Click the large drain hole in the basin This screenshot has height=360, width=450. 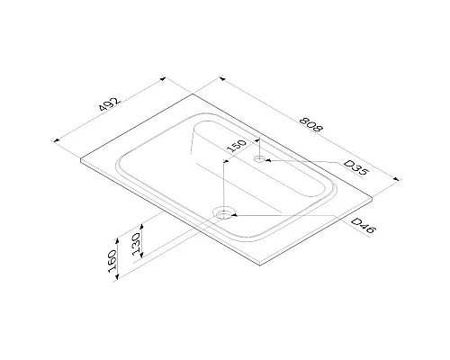tap(223, 214)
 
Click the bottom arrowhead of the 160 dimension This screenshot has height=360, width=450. tap(121, 280)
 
